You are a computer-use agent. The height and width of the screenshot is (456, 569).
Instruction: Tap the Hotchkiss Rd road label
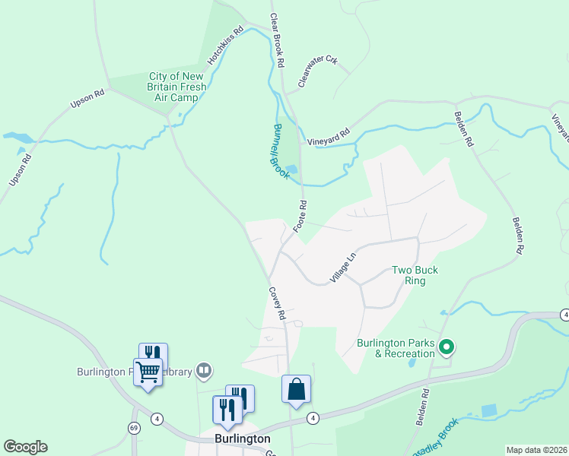pyautogui.click(x=225, y=46)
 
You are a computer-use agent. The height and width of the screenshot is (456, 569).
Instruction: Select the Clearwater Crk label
pyautogui.click(x=317, y=71)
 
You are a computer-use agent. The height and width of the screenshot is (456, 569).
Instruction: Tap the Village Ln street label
pyautogui.click(x=343, y=269)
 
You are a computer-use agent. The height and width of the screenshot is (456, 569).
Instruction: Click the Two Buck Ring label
pyautogui.click(x=415, y=275)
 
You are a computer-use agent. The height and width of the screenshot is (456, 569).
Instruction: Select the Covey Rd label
pyautogui.click(x=275, y=302)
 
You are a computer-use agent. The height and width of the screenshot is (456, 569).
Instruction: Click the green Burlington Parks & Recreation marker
pyautogui.click(x=447, y=348)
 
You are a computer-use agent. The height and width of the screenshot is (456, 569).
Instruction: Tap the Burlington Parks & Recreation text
pyautogui.click(x=396, y=347)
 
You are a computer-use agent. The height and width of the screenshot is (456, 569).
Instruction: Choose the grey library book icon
pyautogui.click(x=204, y=371)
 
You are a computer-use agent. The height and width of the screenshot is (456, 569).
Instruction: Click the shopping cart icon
pyautogui.click(x=148, y=372)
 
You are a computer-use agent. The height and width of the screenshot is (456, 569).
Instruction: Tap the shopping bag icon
pyautogui.click(x=296, y=389)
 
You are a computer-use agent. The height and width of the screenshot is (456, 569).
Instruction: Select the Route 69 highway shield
pyautogui.click(x=135, y=429)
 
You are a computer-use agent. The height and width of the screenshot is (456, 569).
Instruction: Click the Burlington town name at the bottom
pyautogui.click(x=242, y=439)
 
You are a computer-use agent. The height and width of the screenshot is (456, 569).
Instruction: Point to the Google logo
pyautogui.click(x=25, y=447)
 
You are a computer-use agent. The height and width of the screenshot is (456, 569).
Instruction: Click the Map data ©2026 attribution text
pyautogui.click(x=536, y=450)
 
